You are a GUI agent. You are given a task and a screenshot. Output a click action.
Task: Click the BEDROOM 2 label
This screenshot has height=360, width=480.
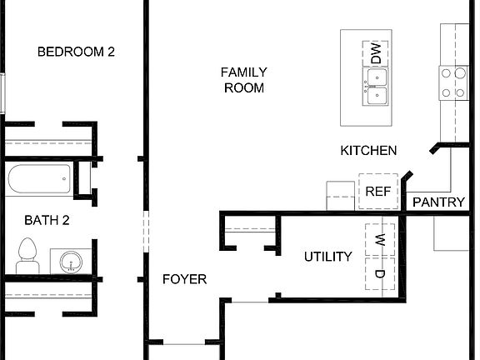tap(77, 52)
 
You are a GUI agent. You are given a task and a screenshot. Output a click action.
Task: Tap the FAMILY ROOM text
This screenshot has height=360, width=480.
tap(243, 80)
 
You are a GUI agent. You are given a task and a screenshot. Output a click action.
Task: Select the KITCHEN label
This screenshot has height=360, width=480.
tap(368, 151)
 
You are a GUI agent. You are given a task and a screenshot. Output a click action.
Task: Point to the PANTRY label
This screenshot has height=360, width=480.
tap(438, 202)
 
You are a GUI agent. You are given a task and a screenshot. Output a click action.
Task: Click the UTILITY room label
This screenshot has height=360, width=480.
tap(327, 257)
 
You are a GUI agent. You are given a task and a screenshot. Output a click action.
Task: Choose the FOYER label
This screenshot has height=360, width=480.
tap(184, 279)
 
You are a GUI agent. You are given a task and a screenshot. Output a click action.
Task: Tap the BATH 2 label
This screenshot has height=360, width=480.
tap(46, 221)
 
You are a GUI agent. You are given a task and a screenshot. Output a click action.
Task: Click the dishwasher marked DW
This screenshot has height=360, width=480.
tap(376, 55)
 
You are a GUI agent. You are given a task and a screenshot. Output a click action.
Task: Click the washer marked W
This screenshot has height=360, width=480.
tap(379, 240)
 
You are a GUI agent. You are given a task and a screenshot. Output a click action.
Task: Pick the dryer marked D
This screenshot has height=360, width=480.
tap(379, 274)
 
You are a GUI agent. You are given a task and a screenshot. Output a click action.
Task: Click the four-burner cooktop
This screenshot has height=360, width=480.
tap(454, 83)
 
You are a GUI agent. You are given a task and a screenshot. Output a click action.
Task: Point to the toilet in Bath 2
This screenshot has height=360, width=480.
tap(27, 254)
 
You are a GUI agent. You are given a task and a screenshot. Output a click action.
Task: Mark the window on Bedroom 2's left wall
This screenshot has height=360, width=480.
tap(2, 92)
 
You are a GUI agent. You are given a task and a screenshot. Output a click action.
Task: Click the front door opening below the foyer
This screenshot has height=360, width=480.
tap(184, 342)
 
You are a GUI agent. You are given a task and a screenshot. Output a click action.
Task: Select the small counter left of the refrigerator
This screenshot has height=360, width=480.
tap(341, 195)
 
